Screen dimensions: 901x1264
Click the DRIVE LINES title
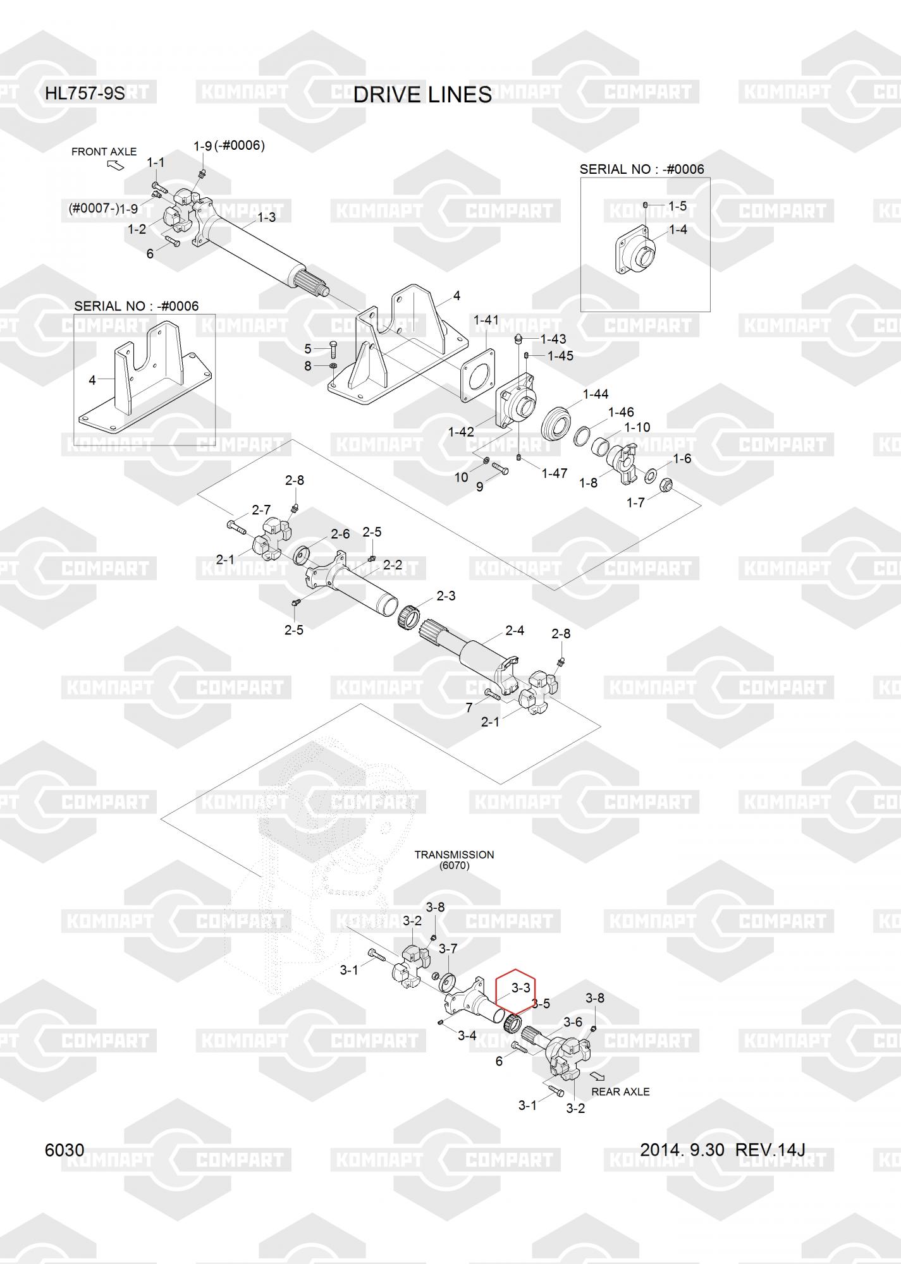422,94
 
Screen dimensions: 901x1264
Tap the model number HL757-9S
85,94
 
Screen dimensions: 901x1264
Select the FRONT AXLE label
104,152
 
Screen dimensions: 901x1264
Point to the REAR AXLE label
620,1091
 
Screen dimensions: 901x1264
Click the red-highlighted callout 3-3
520,988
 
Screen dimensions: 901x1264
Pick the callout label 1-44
595,394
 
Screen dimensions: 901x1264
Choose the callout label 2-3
446,596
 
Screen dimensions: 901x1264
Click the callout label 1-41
486,320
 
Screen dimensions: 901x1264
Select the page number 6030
64,1150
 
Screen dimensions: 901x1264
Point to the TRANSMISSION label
454,854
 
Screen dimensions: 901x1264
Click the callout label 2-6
340,534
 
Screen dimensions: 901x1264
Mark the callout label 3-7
448,949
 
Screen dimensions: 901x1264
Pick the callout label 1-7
635,502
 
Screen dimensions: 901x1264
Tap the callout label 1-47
555,473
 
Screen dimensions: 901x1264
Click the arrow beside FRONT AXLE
116,165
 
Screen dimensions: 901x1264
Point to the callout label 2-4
515,630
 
